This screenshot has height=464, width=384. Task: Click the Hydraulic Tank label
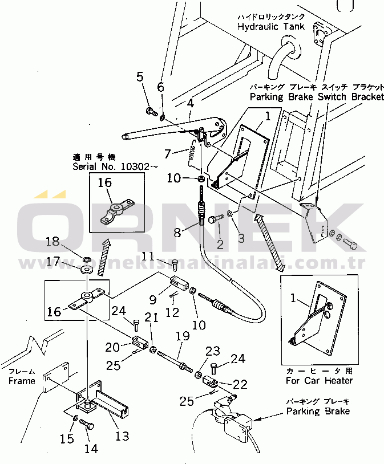pos(270,27)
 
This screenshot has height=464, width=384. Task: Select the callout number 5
pos(140,78)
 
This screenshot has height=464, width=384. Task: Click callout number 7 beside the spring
pos(167,154)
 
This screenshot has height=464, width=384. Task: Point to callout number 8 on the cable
pos(177,232)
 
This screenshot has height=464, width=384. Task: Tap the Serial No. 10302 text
pos(111,166)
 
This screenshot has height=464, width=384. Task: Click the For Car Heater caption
pos(319,380)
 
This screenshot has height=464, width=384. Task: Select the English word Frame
pos(22,381)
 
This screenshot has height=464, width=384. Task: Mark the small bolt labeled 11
pos(175,264)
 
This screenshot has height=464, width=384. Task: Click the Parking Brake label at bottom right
pos(318,411)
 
